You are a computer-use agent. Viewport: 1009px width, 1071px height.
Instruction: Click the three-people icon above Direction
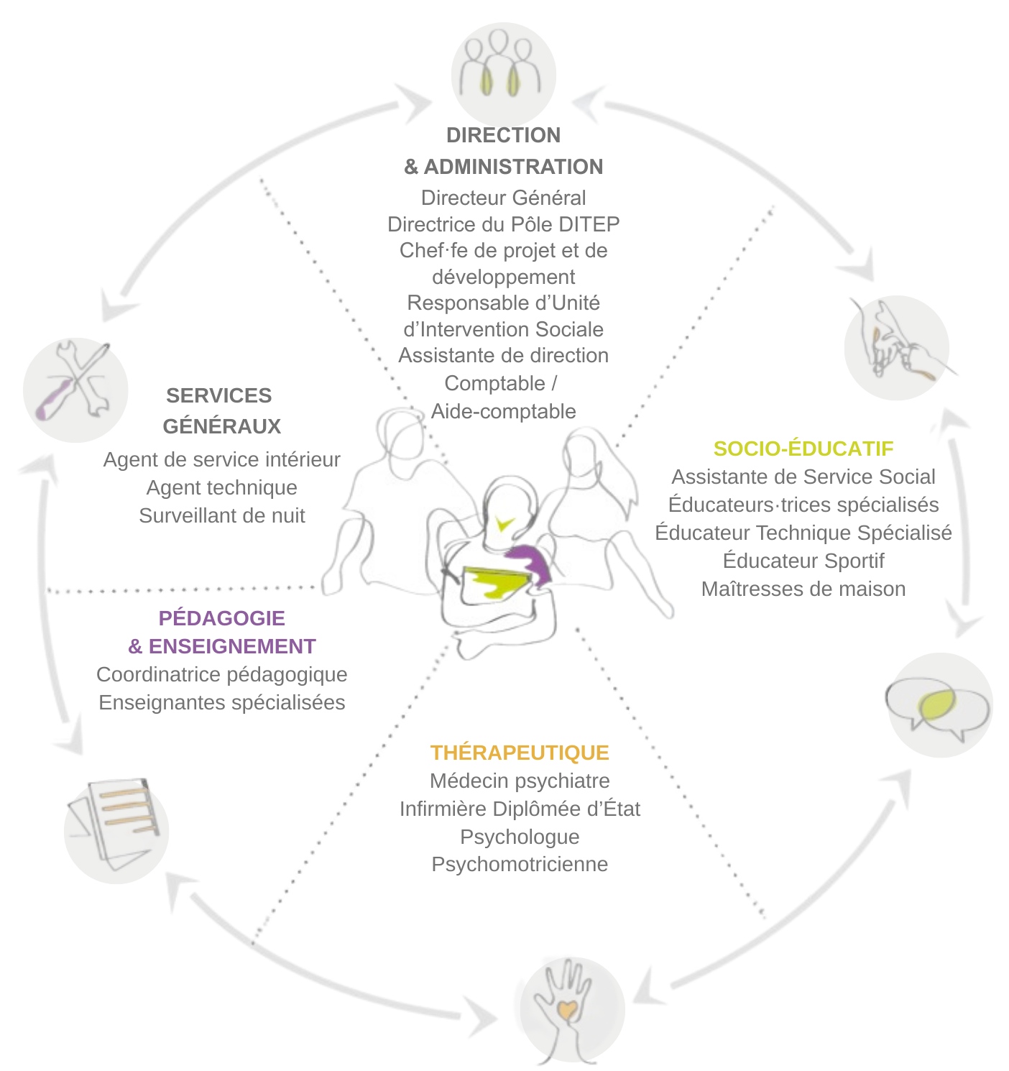pyautogui.click(x=503, y=72)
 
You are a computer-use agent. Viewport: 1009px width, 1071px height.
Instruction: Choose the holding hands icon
pyautogui.click(x=897, y=348)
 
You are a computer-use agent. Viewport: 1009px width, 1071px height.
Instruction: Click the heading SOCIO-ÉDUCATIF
pyautogui.click(x=803, y=449)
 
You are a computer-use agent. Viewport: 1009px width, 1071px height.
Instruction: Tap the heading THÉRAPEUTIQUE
pyautogui.click(x=520, y=753)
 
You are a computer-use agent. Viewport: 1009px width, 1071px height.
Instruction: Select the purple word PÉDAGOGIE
pyautogui.click(x=221, y=618)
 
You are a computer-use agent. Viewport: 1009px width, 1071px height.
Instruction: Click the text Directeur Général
pyautogui.click(x=503, y=198)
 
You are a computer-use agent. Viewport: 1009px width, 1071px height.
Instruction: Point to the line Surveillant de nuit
pyautogui.click(x=221, y=515)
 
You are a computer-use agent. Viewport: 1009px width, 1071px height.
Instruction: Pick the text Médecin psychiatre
pyautogui.click(x=520, y=781)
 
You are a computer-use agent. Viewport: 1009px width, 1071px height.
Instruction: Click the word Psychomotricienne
pyautogui.click(x=520, y=864)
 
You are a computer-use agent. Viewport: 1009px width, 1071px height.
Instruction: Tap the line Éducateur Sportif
pyautogui.click(x=803, y=561)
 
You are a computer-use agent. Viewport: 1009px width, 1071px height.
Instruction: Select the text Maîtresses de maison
pyautogui.click(x=803, y=589)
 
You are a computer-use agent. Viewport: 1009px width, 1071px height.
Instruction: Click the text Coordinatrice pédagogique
pyautogui.click(x=221, y=674)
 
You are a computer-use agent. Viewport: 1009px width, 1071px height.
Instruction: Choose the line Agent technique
pyautogui.click(x=221, y=487)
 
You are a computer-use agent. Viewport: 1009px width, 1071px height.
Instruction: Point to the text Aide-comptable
pyautogui.click(x=503, y=411)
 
